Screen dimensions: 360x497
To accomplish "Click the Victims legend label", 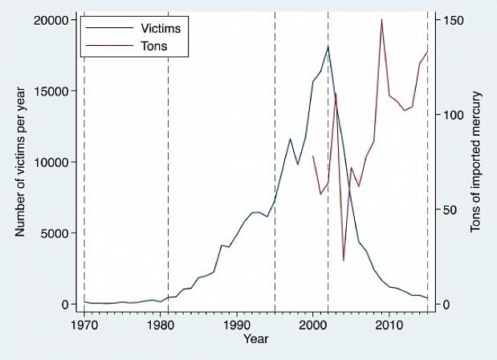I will pos(161,28).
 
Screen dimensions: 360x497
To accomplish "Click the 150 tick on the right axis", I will pos(448,19).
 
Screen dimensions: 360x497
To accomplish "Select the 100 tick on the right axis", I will pos(448,114).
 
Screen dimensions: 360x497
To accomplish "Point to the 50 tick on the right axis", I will pos(446,209).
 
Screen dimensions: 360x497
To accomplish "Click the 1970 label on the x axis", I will pos(84,324).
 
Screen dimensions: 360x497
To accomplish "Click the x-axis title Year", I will pos(256,339).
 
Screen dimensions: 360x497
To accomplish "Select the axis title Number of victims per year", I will pos(21,162).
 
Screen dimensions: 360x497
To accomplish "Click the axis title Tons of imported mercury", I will pos(476,162).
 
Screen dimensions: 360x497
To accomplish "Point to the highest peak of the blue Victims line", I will pos(328,46).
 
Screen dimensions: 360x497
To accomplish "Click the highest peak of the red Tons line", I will pos(381,19).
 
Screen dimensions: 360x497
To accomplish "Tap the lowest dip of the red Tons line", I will pos(344,260).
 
